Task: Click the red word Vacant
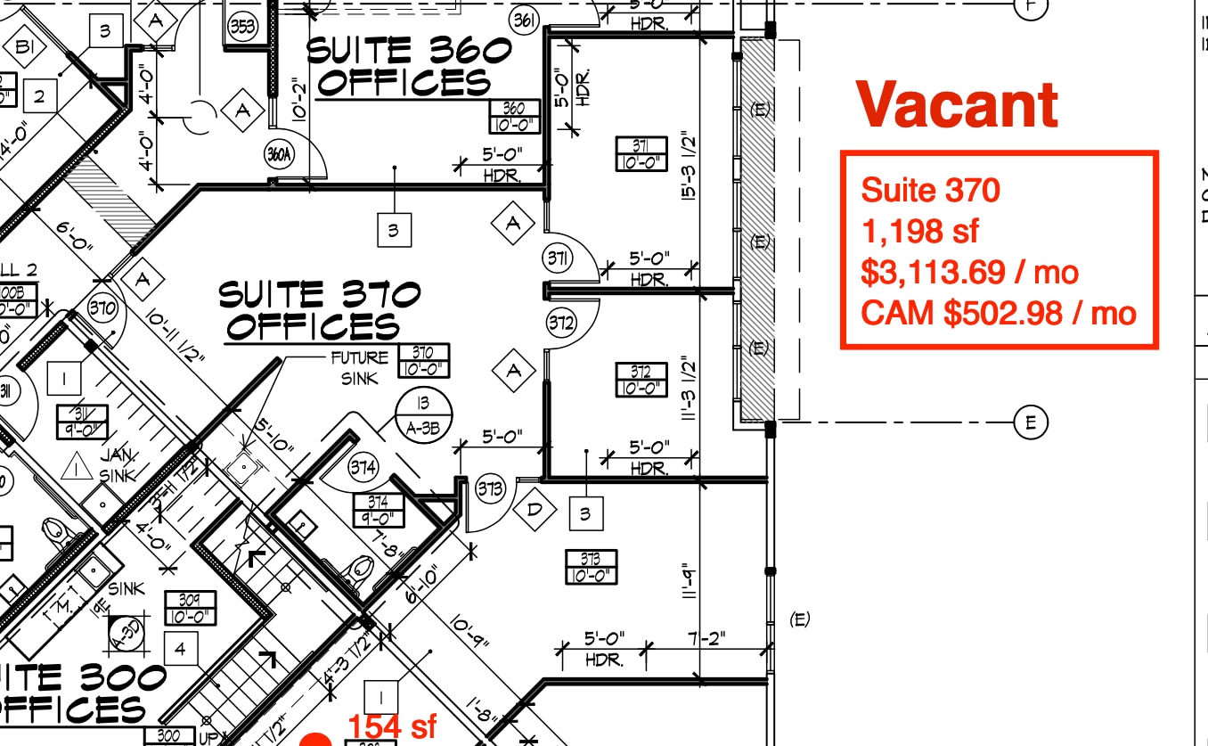point(958,105)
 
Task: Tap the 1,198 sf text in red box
point(919,231)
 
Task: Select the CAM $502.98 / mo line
point(998,313)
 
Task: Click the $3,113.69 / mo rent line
point(969,272)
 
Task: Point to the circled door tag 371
point(559,259)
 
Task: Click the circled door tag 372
point(560,323)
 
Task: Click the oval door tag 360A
point(279,154)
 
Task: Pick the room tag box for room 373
point(591,567)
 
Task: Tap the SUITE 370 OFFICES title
point(319,309)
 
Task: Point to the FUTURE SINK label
point(359,367)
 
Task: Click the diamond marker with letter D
point(535,510)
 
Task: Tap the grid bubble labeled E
point(1031,422)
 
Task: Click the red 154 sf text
point(392,726)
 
